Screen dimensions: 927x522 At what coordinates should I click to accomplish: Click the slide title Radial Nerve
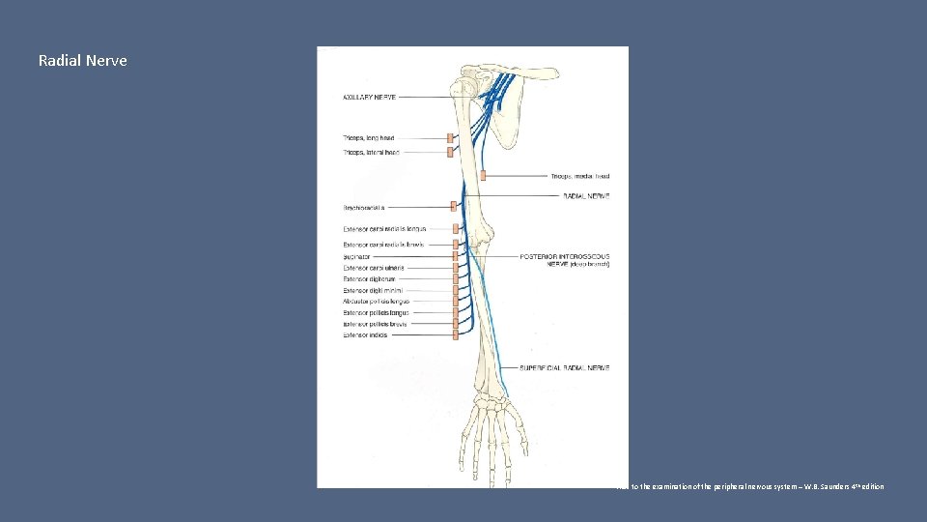[x=82, y=61]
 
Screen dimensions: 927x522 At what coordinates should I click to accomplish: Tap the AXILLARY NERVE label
[x=370, y=97]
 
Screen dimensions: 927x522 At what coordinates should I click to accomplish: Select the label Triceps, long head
[x=368, y=138]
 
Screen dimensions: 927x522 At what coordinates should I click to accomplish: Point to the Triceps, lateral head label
[x=370, y=152]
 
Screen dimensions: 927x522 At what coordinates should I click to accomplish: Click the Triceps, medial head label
[x=580, y=176]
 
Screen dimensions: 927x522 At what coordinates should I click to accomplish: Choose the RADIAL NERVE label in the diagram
[x=585, y=196]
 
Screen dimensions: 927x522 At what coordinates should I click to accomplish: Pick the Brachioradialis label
[x=364, y=207]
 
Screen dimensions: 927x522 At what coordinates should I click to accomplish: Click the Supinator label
[x=356, y=257]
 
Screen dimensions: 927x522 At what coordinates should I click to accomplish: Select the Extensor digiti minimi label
[x=373, y=290]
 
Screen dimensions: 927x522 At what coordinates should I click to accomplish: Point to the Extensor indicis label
[x=366, y=335]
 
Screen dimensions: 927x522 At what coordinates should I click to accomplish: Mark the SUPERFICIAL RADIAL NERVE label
[x=565, y=368]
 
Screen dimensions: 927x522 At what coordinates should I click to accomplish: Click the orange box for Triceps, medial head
[x=482, y=175]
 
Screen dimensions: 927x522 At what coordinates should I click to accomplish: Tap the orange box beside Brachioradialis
[x=452, y=206]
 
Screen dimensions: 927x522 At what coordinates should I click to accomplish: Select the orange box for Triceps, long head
[x=450, y=138]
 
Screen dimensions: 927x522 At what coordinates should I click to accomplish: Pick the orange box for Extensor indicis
[x=454, y=334]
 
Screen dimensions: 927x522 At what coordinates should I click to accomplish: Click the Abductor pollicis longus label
[x=376, y=302]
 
